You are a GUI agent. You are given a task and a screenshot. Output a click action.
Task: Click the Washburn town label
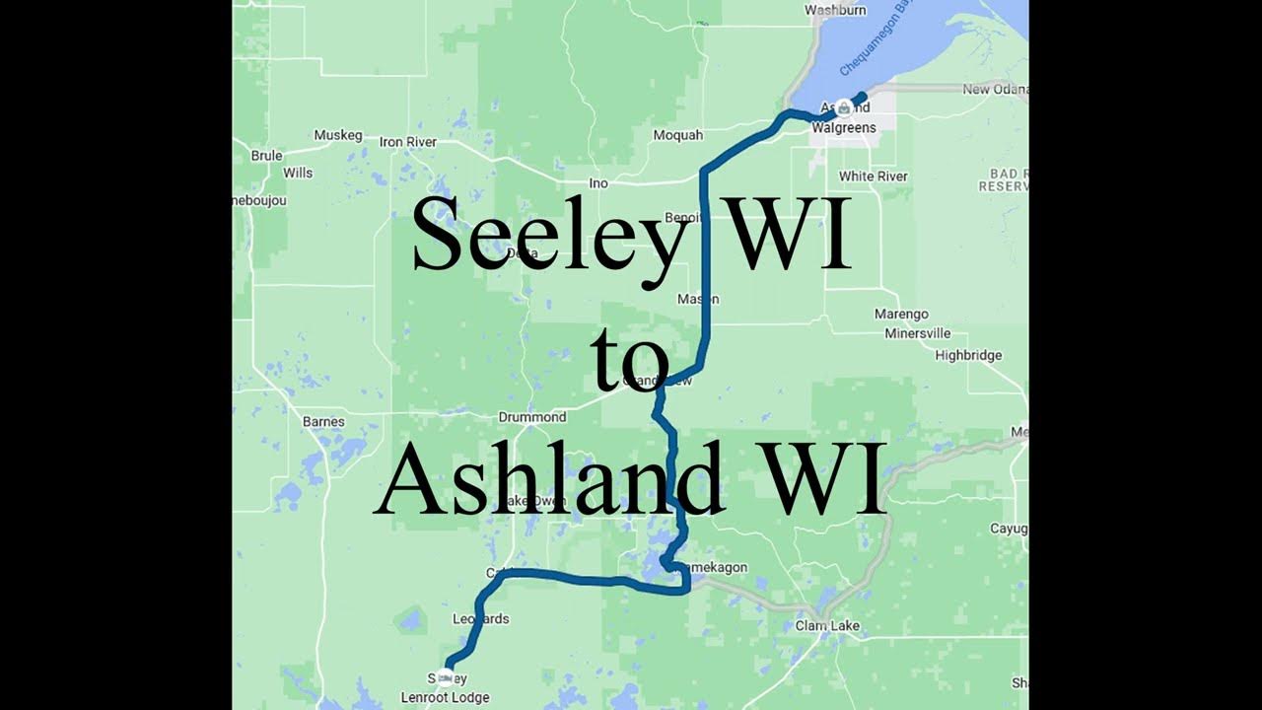click(835, 10)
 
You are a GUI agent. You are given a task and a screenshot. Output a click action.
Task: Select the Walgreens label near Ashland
click(843, 128)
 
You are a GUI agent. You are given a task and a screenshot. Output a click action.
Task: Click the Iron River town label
click(408, 142)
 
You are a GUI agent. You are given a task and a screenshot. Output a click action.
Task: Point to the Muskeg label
click(338, 135)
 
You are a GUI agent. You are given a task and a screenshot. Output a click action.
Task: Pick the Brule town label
click(266, 156)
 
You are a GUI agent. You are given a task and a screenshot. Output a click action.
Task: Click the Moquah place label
click(677, 135)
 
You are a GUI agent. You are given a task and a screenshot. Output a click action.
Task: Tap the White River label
click(873, 177)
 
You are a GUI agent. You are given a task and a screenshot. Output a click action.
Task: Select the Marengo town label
click(901, 315)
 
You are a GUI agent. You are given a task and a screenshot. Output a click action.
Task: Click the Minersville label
click(917, 333)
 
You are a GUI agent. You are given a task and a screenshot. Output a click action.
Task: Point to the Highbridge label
click(968, 356)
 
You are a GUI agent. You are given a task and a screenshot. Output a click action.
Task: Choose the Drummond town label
click(532, 417)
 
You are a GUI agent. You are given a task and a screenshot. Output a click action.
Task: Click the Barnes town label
click(323, 422)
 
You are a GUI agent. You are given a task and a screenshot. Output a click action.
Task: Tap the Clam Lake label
click(827, 626)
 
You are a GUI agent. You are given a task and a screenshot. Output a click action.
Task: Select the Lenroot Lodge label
click(445, 698)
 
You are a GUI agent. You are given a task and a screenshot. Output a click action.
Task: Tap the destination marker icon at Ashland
click(844, 106)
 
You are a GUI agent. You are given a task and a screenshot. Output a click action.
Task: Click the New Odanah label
click(995, 90)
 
